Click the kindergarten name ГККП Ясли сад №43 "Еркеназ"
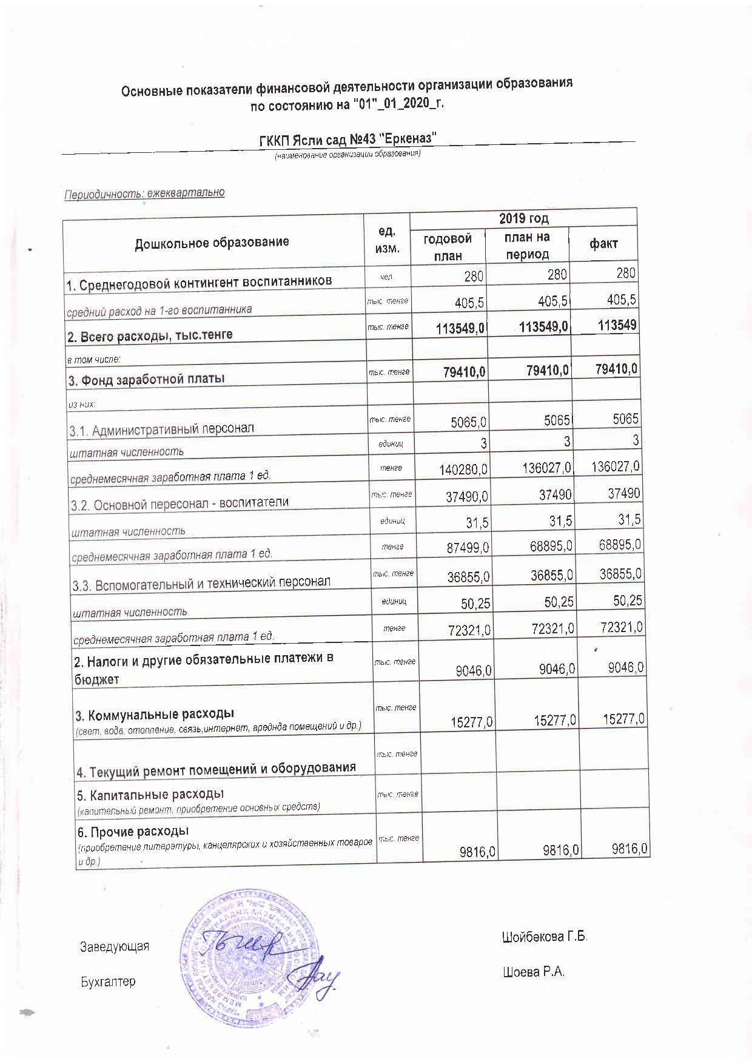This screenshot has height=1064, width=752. [x=348, y=139]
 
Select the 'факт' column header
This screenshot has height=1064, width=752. [x=603, y=244]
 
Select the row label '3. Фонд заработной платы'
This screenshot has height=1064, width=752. [x=146, y=379]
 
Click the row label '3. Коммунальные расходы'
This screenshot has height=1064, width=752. [x=154, y=713]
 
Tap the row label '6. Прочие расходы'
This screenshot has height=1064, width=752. [x=132, y=830]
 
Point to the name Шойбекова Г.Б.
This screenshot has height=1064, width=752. [x=545, y=937]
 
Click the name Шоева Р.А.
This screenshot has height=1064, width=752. [x=534, y=972]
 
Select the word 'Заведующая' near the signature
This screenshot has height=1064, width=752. [x=115, y=946]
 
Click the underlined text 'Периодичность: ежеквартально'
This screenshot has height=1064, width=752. [x=144, y=194]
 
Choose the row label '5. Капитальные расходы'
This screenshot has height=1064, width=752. [x=150, y=794]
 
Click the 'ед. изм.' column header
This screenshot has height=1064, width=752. [x=387, y=241]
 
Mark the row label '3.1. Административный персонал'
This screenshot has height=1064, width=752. [x=161, y=431]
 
